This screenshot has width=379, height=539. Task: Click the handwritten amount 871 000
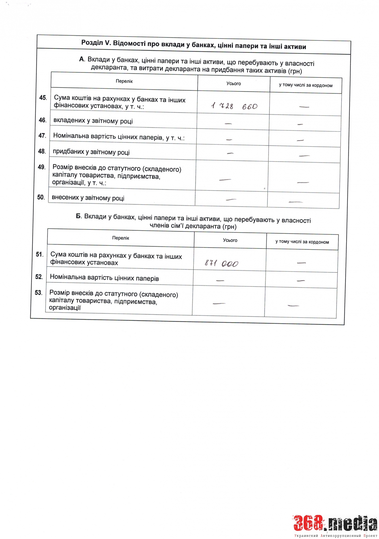(x=221, y=263)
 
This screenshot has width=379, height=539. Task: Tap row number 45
(x=43, y=98)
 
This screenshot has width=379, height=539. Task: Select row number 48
(x=42, y=151)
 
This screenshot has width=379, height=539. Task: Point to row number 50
(x=41, y=197)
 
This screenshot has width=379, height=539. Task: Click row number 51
(x=40, y=254)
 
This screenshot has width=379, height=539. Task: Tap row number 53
(x=39, y=293)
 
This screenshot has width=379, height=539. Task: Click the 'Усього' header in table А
(x=234, y=84)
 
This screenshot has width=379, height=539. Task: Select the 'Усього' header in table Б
(x=230, y=240)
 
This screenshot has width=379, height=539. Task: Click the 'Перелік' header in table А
(x=124, y=81)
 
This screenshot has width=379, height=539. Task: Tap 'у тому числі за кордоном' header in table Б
(x=302, y=242)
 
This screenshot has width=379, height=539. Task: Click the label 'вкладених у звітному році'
(x=93, y=121)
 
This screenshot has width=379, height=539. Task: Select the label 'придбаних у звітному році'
(x=91, y=152)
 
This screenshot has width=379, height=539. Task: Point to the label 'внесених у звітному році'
(x=88, y=198)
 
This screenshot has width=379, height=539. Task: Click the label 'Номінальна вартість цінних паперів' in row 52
(x=104, y=278)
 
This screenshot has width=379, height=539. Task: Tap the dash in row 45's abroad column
(x=304, y=107)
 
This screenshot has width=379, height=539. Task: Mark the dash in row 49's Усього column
(x=225, y=179)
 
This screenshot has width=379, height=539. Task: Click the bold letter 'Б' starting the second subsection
(x=78, y=216)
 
